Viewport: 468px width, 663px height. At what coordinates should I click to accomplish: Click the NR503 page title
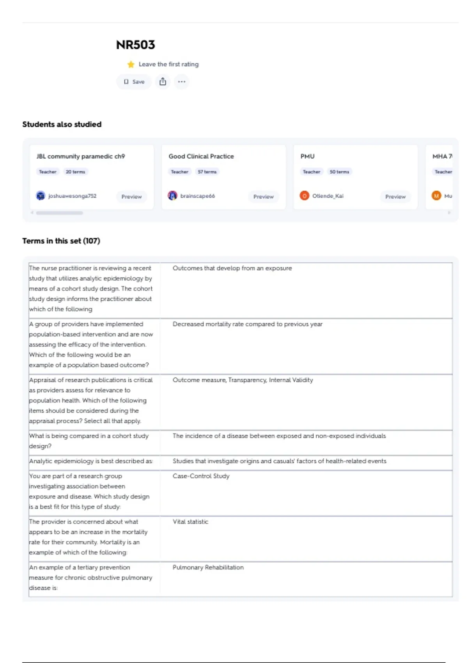click(x=135, y=45)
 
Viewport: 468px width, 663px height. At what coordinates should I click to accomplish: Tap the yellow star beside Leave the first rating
click(x=131, y=64)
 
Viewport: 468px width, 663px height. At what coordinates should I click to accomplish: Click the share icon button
click(x=163, y=82)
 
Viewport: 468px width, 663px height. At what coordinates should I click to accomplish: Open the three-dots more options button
click(x=181, y=82)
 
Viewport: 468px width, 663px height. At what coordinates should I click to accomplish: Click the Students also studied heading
click(x=62, y=124)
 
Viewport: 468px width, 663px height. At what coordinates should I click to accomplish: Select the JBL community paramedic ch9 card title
click(x=81, y=156)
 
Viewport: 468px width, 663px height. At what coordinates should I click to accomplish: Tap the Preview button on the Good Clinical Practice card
click(x=263, y=197)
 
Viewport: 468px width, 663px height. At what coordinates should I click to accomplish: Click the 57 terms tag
click(x=207, y=172)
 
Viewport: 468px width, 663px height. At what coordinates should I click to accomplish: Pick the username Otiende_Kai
click(x=328, y=196)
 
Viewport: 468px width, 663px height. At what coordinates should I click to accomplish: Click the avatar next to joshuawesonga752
click(x=41, y=196)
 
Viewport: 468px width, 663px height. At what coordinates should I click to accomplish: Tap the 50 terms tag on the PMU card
click(x=339, y=172)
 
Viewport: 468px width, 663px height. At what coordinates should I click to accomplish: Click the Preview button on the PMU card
click(x=395, y=197)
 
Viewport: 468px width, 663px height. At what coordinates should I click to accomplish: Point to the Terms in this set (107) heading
click(x=61, y=241)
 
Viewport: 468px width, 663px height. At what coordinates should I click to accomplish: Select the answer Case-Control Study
click(x=201, y=476)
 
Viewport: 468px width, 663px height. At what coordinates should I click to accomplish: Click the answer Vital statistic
click(x=190, y=522)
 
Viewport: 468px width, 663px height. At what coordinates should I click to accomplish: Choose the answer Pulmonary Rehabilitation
click(x=208, y=567)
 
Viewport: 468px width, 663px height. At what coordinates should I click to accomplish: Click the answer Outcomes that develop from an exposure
click(x=232, y=268)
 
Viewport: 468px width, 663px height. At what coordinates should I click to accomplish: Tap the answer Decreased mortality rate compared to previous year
click(x=247, y=324)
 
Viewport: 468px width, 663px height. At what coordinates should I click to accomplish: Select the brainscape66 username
click(x=197, y=196)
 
